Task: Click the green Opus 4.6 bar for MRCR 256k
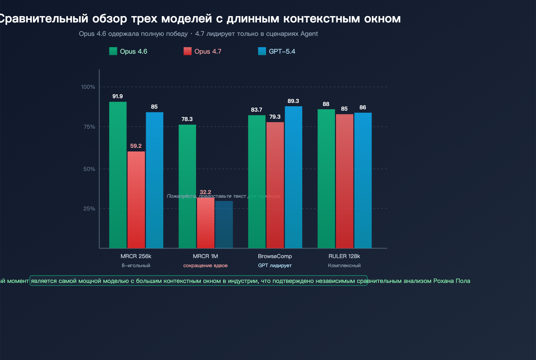click(x=118, y=175)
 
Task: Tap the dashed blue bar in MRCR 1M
click(x=224, y=224)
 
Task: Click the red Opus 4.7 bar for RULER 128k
click(x=344, y=181)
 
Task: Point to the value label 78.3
click(x=187, y=119)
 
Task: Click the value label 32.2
click(x=205, y=192)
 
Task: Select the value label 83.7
click(x=257, y=110)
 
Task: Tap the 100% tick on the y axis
click(x=88, y=87)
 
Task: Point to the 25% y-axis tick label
click(x=89, y=208)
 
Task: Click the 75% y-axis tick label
click(x=89, y=127)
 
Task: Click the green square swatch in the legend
click(x=113, y=51)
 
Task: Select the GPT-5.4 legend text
click(x=282, y=51)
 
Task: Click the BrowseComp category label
click(x=275, y=256)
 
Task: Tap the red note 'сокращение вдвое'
click(x=205, y=265)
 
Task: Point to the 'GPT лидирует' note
click(x=275, y=265)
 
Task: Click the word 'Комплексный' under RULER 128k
click(x=344, y=265)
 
